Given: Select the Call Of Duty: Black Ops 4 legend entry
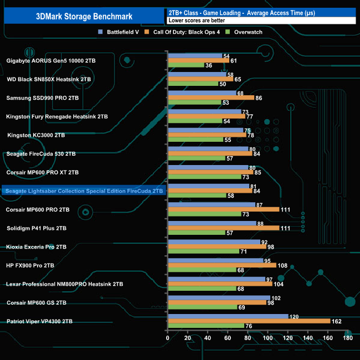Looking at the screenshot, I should [188, 32].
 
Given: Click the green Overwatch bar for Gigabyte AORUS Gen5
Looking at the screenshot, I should [186, 65].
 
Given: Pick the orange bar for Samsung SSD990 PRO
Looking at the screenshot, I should [210, 97].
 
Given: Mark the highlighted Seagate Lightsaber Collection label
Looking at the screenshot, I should [84, 191].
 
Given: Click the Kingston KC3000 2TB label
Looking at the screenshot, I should [36, 135].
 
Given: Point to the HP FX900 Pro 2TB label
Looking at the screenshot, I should [30, 265].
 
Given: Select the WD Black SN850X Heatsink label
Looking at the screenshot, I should [49, 79].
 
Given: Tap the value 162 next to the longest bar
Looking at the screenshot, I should [336, 321].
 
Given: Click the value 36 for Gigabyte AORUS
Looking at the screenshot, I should [209, 65].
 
